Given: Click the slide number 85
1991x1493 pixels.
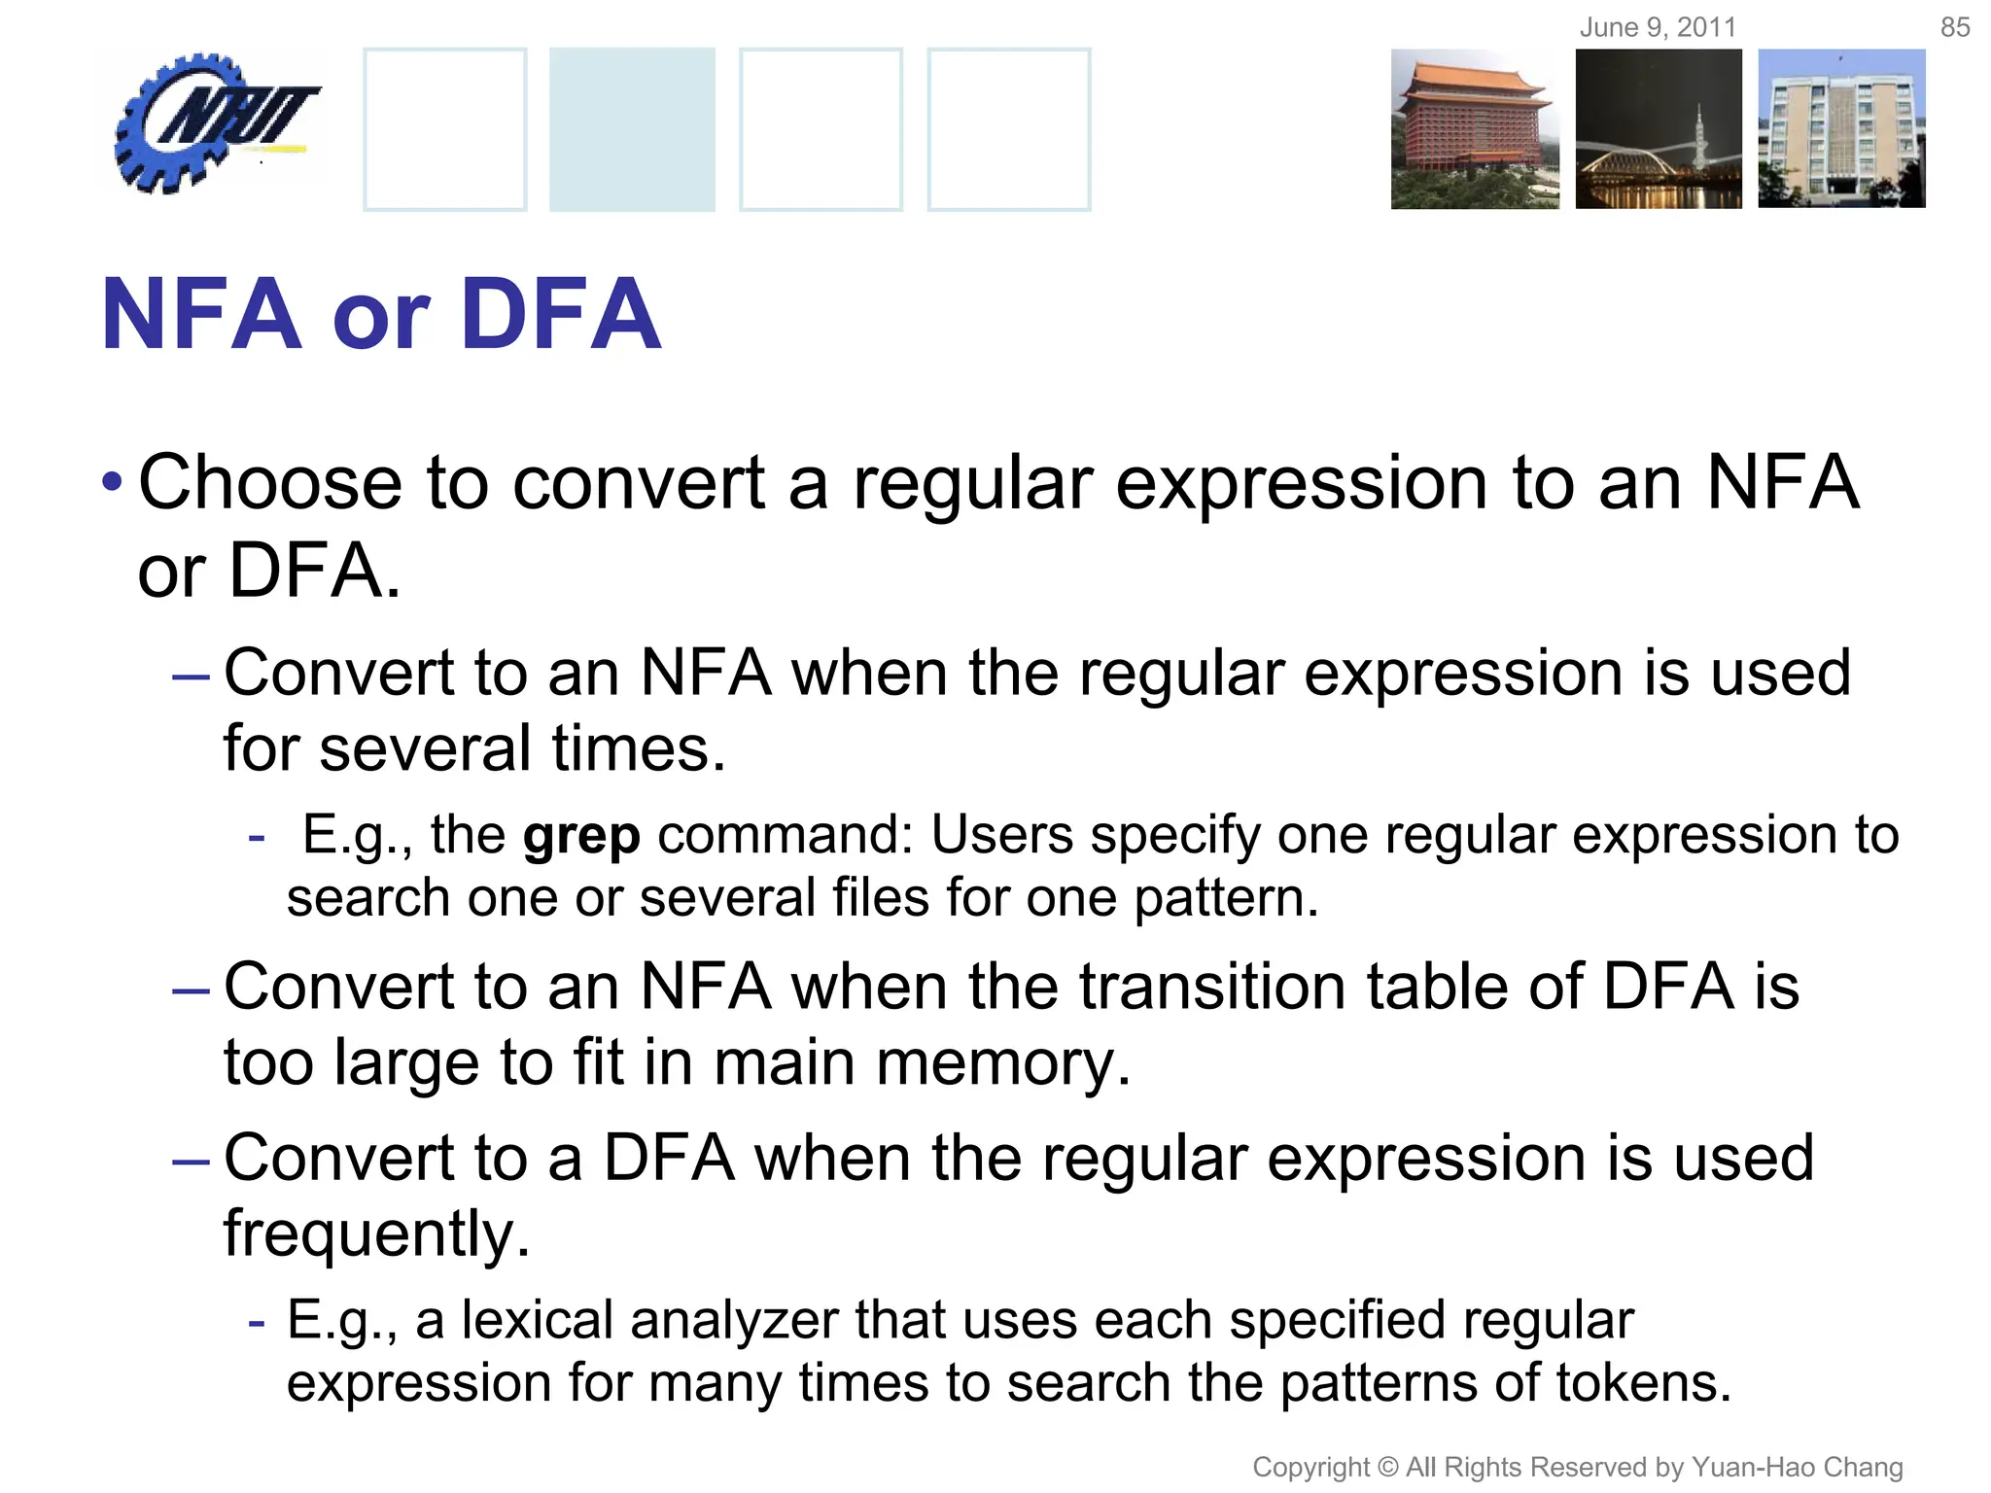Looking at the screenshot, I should [1954, 27].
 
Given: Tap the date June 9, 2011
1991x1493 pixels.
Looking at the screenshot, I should [1658, 27].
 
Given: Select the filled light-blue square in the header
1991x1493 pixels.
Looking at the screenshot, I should [632, 129].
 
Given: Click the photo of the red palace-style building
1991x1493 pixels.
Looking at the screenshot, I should [1474, 129].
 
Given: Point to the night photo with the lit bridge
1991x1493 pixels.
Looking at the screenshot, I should [1659, 129].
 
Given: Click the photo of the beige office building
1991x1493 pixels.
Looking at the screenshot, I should [1841, 129].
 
